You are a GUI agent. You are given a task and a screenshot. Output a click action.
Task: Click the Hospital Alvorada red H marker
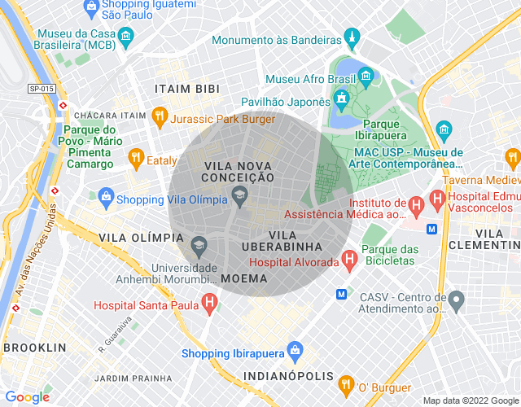coord(350,260)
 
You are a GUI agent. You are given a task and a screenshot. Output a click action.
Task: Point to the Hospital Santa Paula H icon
coord(209,304)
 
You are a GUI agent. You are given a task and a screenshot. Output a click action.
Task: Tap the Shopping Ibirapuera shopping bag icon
coord(294,352)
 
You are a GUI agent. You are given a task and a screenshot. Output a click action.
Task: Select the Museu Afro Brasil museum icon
coord(365,78)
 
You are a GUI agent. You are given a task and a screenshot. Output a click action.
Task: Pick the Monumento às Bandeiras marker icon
coord(352,37)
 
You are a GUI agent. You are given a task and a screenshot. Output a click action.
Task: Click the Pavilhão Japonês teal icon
coord(340,100)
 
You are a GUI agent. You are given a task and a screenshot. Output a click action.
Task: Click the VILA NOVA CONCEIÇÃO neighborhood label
coord(238,170)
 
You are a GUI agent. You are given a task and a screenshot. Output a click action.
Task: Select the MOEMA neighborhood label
coord(250,278)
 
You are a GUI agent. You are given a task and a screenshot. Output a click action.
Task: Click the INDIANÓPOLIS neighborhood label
coord(290,376)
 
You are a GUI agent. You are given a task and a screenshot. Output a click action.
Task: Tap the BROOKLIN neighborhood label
coord(34,348)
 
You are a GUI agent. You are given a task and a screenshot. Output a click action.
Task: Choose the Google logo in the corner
coord(27,396)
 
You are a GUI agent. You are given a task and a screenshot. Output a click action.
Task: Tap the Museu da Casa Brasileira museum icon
coord(125,37)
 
